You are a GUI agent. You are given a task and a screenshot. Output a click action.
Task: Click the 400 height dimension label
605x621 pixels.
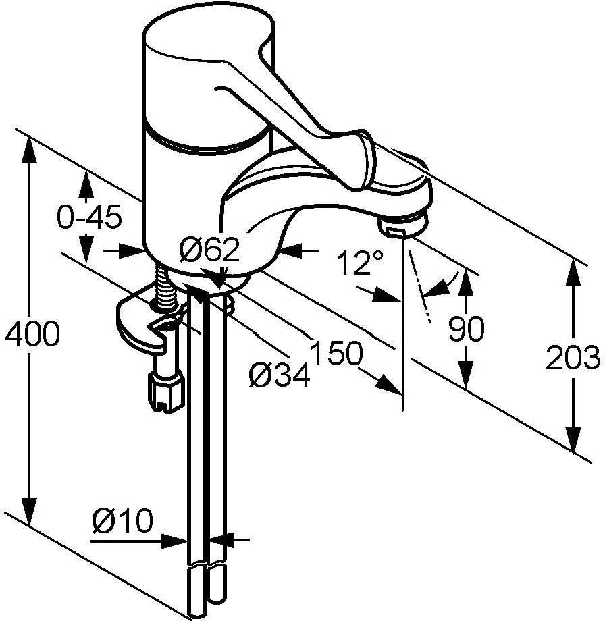click(32, 333)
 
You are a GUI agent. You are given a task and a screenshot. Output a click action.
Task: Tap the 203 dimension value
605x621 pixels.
click(573, 358)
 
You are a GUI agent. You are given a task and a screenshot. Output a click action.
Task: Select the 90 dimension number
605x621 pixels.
click(467, 328)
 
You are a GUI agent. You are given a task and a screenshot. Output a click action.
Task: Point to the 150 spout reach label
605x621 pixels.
click(336, 352)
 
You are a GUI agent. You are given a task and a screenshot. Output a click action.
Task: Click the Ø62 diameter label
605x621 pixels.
click(209, 250)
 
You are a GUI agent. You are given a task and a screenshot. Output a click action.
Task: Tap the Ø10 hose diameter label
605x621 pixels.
click(122, 520)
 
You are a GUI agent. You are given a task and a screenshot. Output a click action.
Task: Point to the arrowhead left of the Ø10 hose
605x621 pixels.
click(175, 541)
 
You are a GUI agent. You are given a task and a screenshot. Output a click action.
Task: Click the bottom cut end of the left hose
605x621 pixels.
click(197, 614)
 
